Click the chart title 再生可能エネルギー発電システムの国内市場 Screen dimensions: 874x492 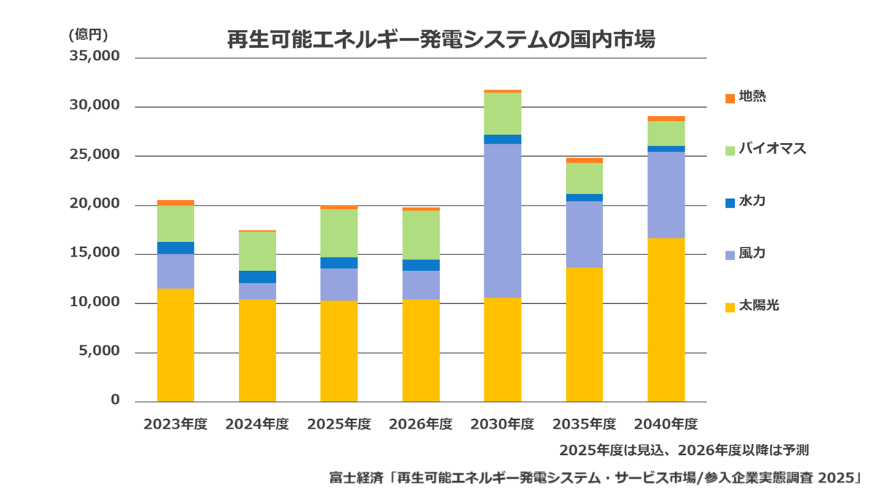tap(441, 39)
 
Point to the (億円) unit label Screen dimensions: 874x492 tap(88, 35)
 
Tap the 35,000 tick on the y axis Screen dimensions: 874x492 tap(95, 56)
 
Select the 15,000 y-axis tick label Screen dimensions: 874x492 tap(95, 253)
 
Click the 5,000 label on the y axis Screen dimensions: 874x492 tap(99, 351)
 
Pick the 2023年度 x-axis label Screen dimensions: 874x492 tap(176, 424)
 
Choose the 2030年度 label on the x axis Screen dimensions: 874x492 tap(502, 424)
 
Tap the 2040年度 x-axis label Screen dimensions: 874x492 tap(666, 424)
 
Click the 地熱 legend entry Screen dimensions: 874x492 tap(746, 97)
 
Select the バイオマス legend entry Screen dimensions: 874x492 tap(765, 149)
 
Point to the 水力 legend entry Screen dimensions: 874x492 tap(746, 201)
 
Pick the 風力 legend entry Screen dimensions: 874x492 tap(746, 254)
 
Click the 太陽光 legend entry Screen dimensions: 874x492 tap(752, 305)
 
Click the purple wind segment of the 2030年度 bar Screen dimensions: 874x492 tap(503, 221)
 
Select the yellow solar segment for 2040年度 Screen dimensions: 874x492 tap(666, 320)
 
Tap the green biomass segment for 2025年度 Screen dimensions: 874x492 tap(339, 233)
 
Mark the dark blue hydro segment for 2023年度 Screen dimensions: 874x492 tap(176, 248)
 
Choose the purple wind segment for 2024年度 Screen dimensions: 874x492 tap(258, 291)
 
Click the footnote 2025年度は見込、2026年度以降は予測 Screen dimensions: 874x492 tap(684, 450)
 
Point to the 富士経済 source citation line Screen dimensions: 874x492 tap(596, 478)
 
